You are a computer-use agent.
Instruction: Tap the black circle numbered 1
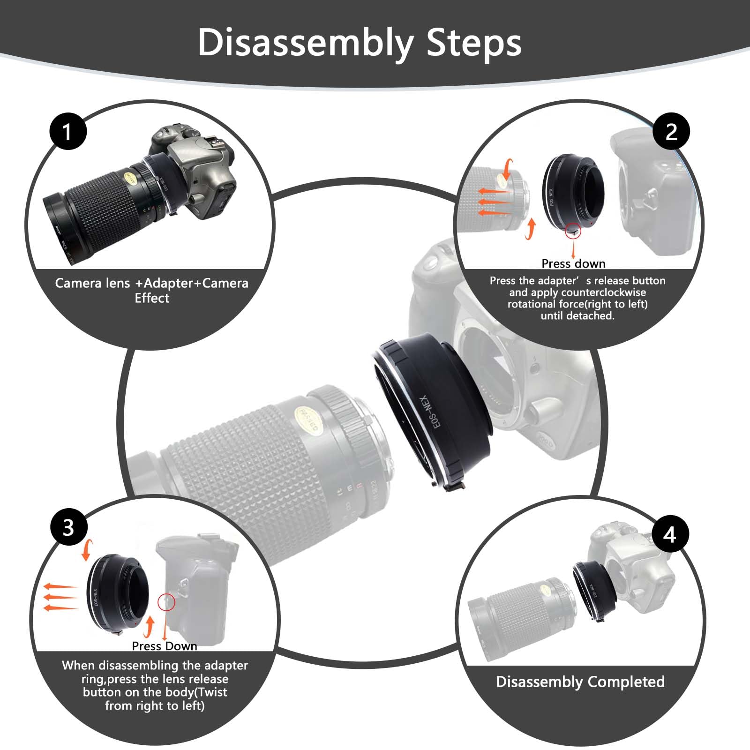pos(68,131)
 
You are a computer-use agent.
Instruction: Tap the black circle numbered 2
pos(671,132)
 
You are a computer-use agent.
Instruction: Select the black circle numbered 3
pos(69,527)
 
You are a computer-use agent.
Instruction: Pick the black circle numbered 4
pos(670,534)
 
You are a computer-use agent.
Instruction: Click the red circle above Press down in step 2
pos(573,231)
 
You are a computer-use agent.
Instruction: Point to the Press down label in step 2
pos(573,263)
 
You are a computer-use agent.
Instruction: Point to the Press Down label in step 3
pos(165,646)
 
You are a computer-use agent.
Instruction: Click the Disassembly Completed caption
pos(580,682)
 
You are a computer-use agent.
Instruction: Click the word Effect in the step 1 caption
pos(152,298)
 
